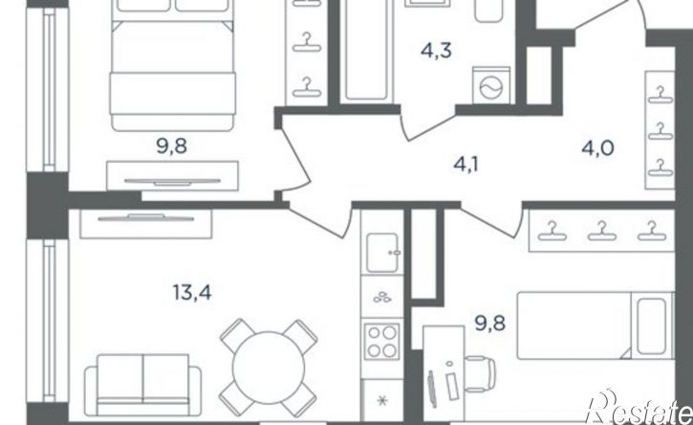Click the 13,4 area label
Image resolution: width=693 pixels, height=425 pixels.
[192, 293]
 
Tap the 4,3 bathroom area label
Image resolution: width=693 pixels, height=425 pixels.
[436, 51]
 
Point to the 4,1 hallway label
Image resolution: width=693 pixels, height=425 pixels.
[466, 165]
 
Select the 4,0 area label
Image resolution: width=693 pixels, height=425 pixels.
[597, 147]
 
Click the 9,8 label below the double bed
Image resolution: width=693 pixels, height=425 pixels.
[172, 145]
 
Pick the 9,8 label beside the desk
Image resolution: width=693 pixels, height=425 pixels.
[490, 324]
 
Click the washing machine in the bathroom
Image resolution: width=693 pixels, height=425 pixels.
[491, 86]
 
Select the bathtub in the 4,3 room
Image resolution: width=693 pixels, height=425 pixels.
[368, 50]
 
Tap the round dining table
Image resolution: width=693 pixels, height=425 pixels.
[269, 368]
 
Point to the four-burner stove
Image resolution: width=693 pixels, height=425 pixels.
[382, 342]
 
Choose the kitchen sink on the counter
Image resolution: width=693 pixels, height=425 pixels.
[382, 253]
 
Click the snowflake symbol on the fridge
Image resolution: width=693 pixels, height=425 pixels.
[382, 401]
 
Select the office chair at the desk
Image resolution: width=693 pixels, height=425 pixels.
[480, 374]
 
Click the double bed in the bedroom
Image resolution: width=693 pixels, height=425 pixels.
[172, 65]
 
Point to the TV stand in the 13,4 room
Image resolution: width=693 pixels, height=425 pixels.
[146, 223]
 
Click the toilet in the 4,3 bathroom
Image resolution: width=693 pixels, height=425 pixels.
[488, 11]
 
